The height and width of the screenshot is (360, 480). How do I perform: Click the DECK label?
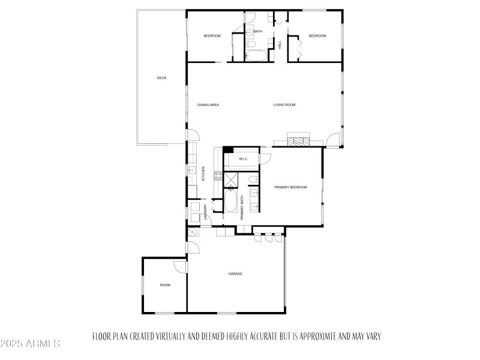tap(161, 78)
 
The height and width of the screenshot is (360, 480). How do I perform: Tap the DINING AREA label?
tap(208, 105)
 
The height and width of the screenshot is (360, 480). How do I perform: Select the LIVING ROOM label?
tap(285, 105)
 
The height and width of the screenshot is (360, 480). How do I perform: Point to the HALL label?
tap(280, 44)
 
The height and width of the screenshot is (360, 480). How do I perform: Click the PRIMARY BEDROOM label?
tap(290, 187)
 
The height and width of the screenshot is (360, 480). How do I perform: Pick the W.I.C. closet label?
tap(244, 159)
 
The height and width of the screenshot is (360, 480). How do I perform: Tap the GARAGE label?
tap(235, 274)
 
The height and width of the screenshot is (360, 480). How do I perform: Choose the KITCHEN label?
tap(203, 174)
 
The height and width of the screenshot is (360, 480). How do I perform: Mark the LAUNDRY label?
tap(205, 213)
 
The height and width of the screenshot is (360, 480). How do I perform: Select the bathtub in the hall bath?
tap(259, 56)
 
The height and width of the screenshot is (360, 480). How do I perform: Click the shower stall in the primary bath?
tap(232, 179)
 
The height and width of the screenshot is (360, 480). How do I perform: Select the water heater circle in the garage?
tap(193, 231)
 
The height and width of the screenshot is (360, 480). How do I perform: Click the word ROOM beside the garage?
tap(165, 285)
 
